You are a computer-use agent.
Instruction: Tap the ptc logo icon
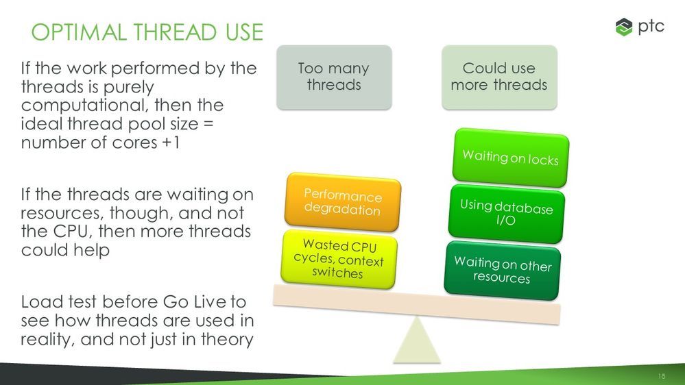coord(624,27)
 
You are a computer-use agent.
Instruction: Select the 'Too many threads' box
coord(334,77)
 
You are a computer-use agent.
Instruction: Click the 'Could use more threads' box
coord(499,77)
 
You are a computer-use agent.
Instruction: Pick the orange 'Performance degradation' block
coord(343,202)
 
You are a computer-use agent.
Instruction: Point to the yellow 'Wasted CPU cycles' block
coord(339,259)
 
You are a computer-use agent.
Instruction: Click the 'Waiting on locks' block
coord(511,158)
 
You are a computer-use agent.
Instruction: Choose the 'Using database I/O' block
coord(506,214)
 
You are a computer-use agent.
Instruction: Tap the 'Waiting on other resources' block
coord(503,271)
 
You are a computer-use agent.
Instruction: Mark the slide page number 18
coord(662,376)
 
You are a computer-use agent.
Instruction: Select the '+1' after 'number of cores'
coord(171,142)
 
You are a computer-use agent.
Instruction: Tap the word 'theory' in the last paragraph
coord(227,339)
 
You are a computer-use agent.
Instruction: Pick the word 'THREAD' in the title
coord(175,32)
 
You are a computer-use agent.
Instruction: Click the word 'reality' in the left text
coord(47,339)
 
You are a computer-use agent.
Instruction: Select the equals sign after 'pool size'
coord(208,124)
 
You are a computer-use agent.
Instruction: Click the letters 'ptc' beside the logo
coord(651,27)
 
